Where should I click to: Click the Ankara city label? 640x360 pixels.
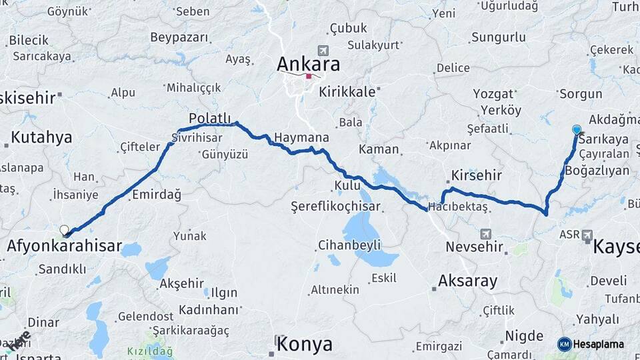pos(308,64)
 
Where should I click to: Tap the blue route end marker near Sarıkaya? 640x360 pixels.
pos(577,130)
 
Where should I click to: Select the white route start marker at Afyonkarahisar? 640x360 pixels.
pos(65,231)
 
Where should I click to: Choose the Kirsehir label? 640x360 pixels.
pos(476,175)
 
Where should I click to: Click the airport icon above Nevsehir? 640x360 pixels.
pos(486,234)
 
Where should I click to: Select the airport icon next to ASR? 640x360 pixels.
pos(587,235)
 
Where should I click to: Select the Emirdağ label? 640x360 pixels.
pos(157,195)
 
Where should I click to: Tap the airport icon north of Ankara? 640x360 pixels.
pos(323,50)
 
